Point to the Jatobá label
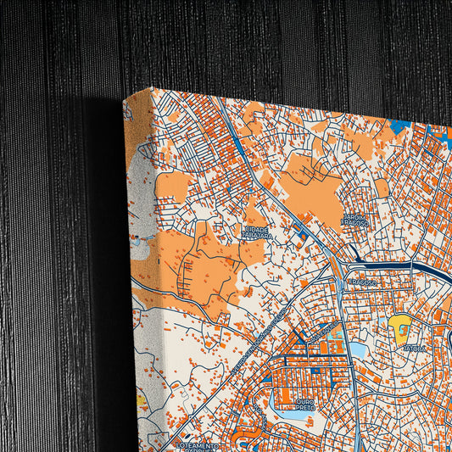[414, 348]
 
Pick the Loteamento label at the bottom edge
[197, 444]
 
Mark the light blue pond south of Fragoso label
[358, 349]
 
